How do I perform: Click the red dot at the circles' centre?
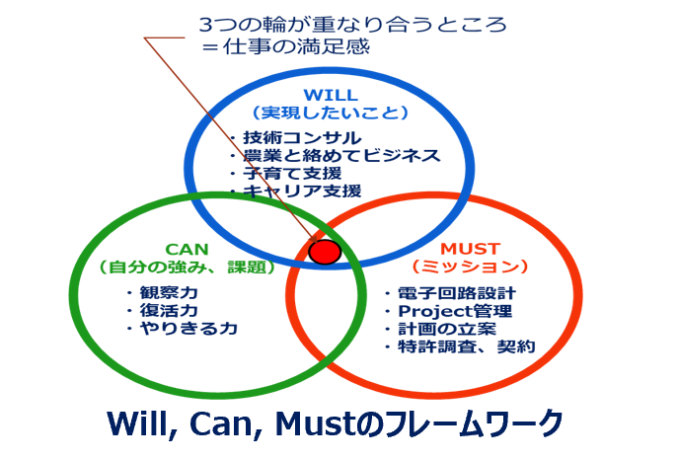325,252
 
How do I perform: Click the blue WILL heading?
329,96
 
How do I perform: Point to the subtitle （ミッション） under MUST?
470,268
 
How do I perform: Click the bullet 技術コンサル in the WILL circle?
300,138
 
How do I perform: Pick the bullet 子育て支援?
295,173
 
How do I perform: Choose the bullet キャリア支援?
301,191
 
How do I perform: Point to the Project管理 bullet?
455,312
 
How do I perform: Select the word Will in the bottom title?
139,422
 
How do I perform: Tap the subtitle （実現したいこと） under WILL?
330,114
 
